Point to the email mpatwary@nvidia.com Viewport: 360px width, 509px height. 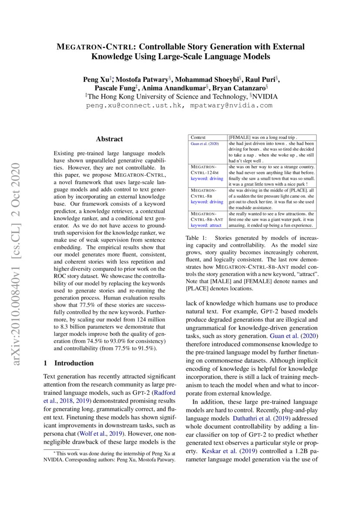(x=232, y=105)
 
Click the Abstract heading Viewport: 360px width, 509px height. (x=109, y=139)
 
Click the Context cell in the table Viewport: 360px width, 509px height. (x=199, y=137)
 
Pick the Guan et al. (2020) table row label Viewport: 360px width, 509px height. (x=205, y=144)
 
